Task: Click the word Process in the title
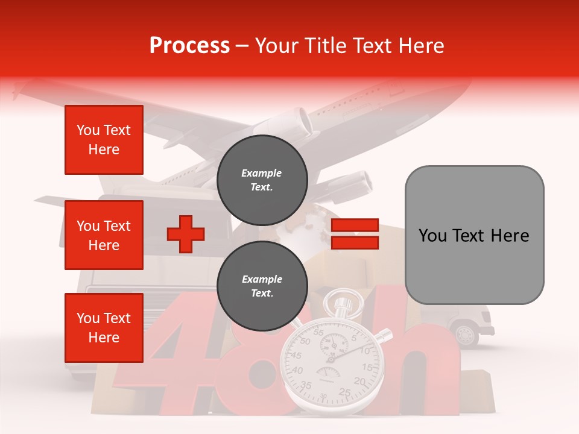click(189, 46)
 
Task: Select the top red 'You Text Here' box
click(104, 140)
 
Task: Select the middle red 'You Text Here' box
click(104, 235)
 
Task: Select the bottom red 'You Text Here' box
click(104, 327)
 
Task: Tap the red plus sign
click(186, 234)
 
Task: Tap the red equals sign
click(355, 234)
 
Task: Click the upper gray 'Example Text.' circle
click(262, 180)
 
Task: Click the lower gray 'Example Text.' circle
click(262, 286)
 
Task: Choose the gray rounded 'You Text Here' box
click(474, 235)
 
